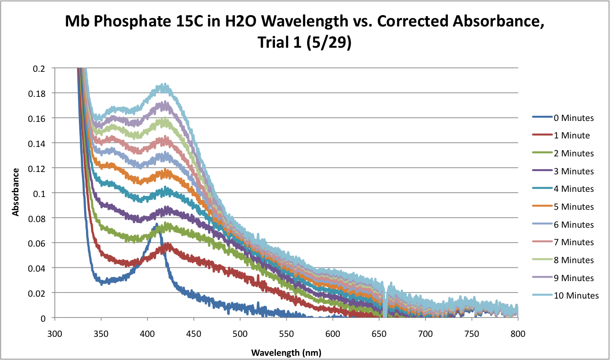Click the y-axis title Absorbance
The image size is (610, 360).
[x=16, y=192]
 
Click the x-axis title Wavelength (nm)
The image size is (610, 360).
[x=287, y=352]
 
